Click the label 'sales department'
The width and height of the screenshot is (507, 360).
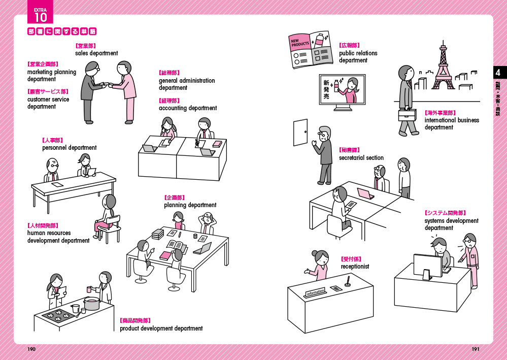pos(96,53)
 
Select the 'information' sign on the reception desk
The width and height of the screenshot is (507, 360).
pos(315,292)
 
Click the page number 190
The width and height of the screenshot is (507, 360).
pos(31,349)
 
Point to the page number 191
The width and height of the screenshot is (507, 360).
pos(476,349)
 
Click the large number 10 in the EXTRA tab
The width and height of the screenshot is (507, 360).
pos(41,18)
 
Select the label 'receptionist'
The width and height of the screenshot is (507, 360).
pos(355,267)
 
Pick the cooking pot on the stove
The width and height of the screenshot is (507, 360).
pos(91,304)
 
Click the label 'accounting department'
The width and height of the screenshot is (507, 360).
pos(188,108)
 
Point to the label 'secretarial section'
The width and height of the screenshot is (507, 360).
pos(361,158)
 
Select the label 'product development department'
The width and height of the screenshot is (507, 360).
pos(161,329)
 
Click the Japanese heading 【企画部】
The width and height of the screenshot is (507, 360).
pos(174,198)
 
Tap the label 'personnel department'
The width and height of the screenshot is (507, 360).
pos(69,148)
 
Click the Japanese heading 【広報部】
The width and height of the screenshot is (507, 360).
pos(350,46)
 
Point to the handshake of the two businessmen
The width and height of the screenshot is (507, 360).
pos(108,85)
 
